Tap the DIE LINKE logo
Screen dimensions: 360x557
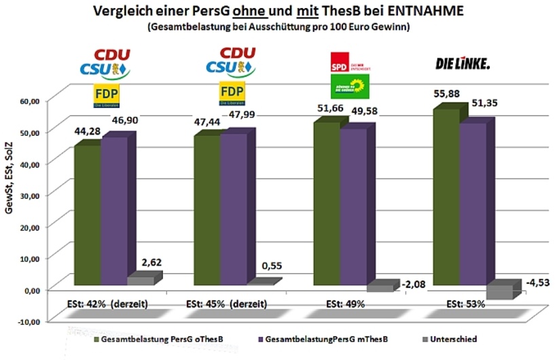pos(462,64)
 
